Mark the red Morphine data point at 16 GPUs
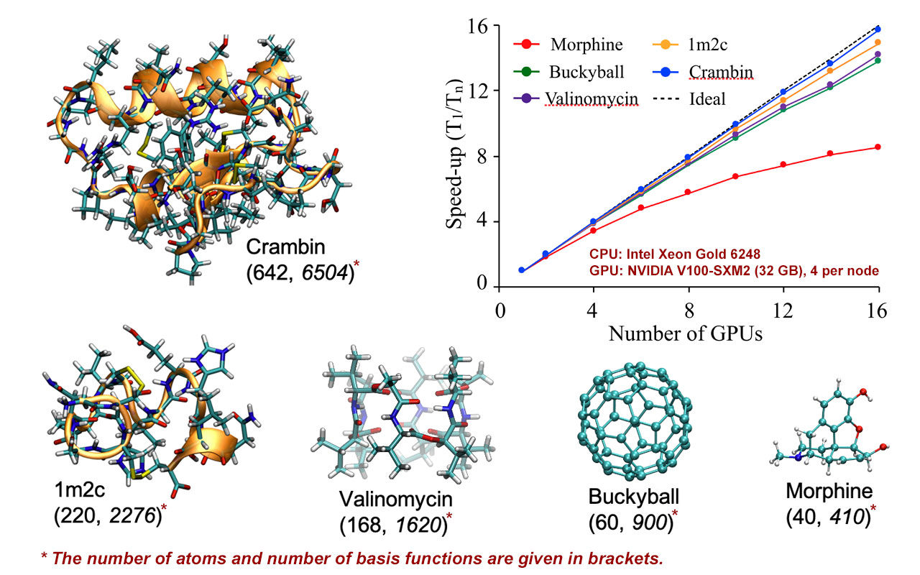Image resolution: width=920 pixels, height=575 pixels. coord(878,147)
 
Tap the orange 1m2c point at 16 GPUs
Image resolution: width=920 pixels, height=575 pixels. coord(878,42)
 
